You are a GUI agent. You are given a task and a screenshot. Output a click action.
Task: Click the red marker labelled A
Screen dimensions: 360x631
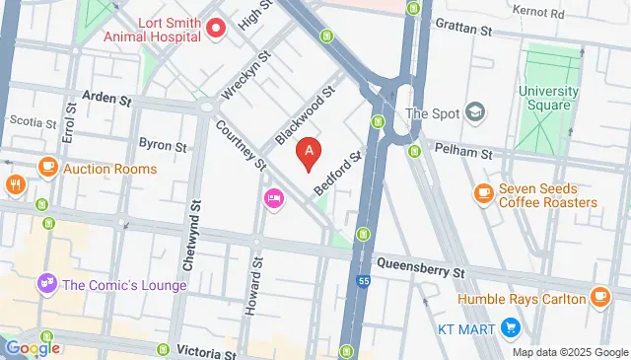coord(311,152)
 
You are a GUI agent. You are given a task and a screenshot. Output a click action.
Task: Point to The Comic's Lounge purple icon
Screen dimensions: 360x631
coord(45,285)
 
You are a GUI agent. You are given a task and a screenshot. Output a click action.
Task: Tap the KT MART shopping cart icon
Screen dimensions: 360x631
coord(510,326)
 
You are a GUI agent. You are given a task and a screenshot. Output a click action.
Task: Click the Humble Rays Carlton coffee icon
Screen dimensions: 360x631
coord(599,297)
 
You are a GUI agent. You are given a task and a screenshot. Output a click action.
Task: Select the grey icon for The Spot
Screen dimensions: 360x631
coord(474,112)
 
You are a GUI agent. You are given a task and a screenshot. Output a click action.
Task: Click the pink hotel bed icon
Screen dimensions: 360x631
coord(273,199)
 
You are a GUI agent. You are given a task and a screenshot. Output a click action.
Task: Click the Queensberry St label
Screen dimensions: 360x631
coord(421,269)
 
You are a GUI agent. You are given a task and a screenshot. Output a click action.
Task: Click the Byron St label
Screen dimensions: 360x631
coord(163,145)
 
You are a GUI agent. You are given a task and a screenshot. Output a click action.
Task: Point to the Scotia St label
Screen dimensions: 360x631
coord(27,121)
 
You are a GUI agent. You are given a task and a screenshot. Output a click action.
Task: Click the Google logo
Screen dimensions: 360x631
coord(33,347)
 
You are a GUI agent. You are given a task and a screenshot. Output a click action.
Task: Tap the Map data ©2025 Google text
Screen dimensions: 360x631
coord(570,352)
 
